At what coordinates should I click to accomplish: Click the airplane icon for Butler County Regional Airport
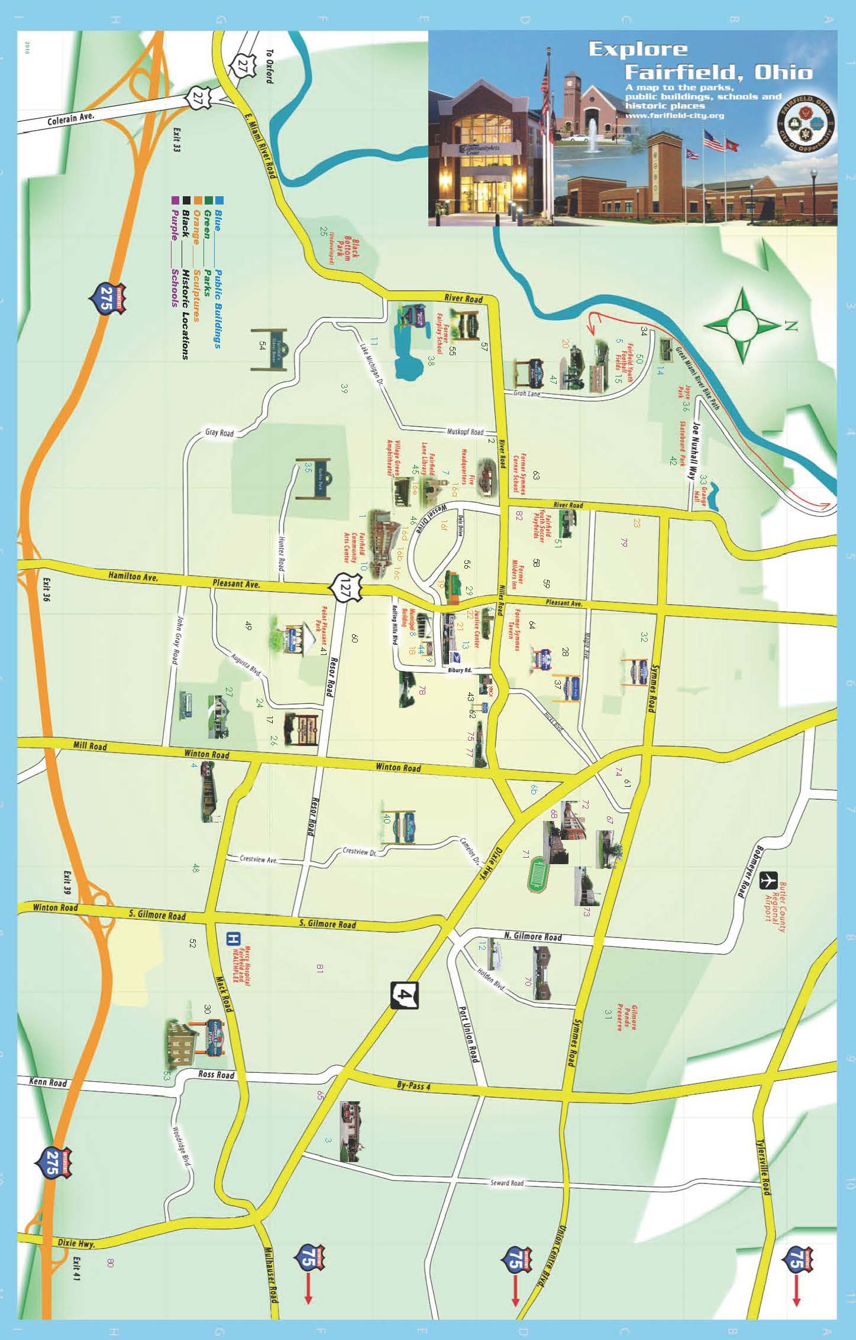(x=768, y=880)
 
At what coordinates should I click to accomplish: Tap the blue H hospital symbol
(x=234, y=938)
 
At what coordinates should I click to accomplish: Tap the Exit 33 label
(x=176, y=139)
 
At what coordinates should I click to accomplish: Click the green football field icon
(x=538, y=874)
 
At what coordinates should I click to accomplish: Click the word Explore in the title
(x=638, y=50)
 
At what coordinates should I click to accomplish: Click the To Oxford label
(x=270, y=66)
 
